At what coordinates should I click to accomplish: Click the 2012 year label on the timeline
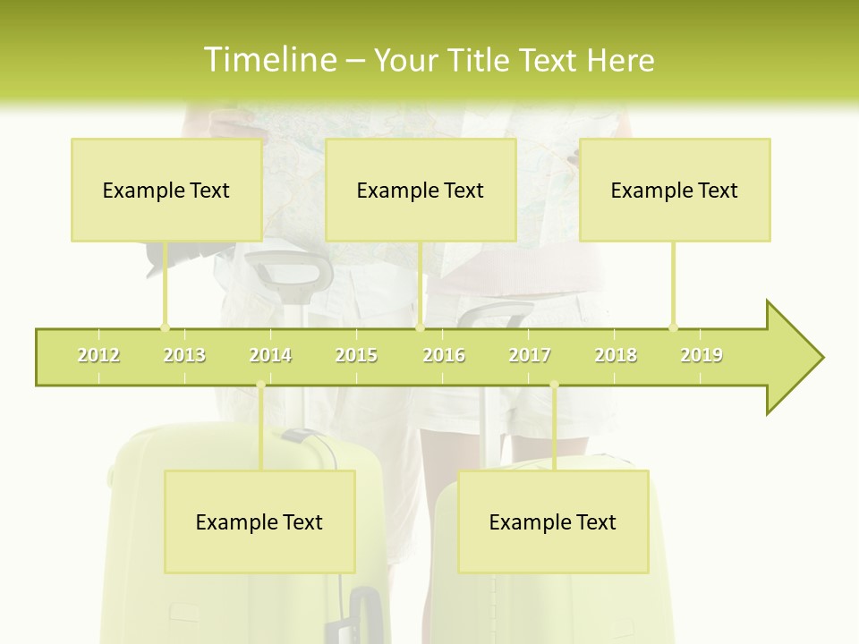[98, 355]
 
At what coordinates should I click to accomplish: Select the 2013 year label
[184, 355]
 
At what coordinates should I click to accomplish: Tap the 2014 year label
[270, 355]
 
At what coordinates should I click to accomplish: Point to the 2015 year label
[356, 355]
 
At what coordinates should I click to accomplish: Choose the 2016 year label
[444, 355]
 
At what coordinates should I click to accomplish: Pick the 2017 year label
[530, 355]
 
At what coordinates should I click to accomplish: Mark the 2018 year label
[616, 355]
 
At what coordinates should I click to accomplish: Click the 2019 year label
[702, 355]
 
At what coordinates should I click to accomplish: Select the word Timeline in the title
[268, 60]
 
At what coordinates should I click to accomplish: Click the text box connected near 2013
[166, 190]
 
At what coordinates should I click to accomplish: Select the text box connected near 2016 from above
[421, 190]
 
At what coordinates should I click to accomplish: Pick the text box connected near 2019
[675, 190]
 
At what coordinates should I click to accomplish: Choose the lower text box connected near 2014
[259, 521]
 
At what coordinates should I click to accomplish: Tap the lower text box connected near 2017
[553, 521]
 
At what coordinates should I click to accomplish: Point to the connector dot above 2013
[165, 327]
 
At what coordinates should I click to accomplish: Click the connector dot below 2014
[260, 386]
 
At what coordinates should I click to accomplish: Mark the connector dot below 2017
[554, 386]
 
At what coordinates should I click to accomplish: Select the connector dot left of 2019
[673, 327]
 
